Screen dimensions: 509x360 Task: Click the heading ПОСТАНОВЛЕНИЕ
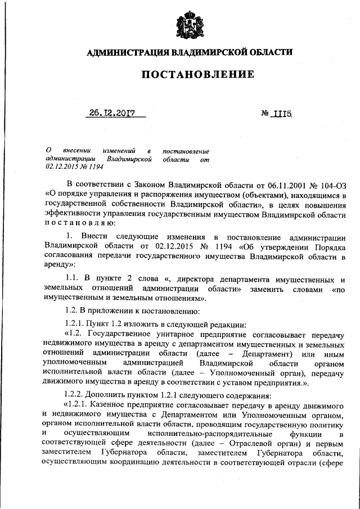tap(190, 74)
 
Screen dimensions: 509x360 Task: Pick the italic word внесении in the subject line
tap(76, 151)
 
